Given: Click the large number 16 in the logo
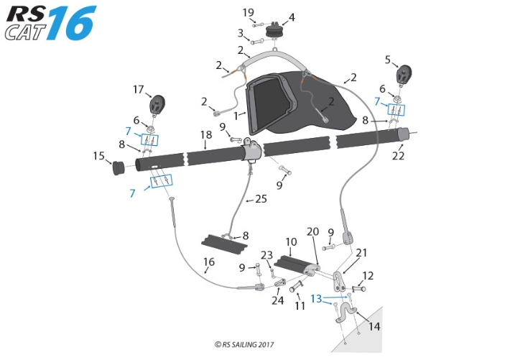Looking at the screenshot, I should click(x=72, y=23).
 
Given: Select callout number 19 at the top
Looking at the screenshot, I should click(x=249, y=13).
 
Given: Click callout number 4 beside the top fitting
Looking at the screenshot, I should click(x=291, y=17).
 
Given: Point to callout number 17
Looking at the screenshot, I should click(x=138, y=90).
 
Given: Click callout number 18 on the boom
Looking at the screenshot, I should click(x=205, y=134).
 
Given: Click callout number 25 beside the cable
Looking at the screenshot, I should click(x=261, y=199).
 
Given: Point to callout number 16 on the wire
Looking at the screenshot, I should click(x=208, y=262).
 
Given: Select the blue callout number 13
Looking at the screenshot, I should click(x=317, y=298).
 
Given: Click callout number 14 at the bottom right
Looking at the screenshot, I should click(x=374, y=326).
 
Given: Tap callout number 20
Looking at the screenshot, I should click(x=312, y=231).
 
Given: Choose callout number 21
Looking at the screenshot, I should click(x=361, y=252).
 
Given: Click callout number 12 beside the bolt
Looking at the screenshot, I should click(x=368, y=275).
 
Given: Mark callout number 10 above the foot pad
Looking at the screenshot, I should click(x=291, y=242).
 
